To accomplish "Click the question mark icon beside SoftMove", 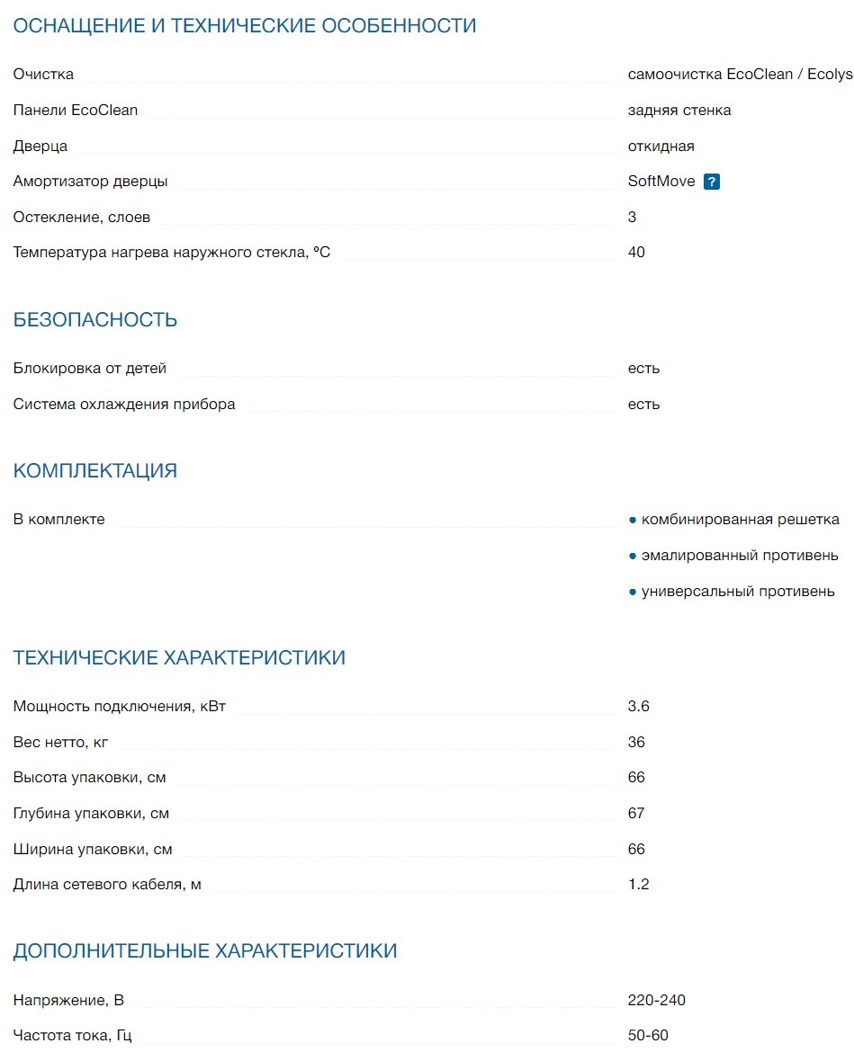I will click(x=712, y=182).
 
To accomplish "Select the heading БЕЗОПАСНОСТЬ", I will click(x=95, y=320).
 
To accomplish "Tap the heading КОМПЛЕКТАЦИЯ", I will click(x=95, y=471).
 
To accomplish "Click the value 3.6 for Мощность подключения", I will click(x=639, y=707).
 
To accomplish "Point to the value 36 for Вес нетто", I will click(x=637, y=743).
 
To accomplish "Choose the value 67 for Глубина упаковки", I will click(x=637, y=814).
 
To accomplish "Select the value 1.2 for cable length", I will click(x=639, y=885).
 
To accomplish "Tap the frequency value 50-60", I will click(x=649, y=1036).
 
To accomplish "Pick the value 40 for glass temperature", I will click(x=637, y=253).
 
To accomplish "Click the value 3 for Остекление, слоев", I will click(x=633, y=218).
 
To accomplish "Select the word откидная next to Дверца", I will click(x=661, y=147).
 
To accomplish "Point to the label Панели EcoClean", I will click(x=76, y=111).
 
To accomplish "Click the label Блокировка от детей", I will click(x=90, y=369).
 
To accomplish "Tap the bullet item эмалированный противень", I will click(x=740, y=556).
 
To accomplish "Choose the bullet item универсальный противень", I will click(x=738, y=592).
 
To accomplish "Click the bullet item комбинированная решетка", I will click(x=740, y=520).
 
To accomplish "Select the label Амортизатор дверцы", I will click(x=91, y=182).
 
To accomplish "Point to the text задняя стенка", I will click(x=679, y=111).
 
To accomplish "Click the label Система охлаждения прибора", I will click(x=124, y=405).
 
